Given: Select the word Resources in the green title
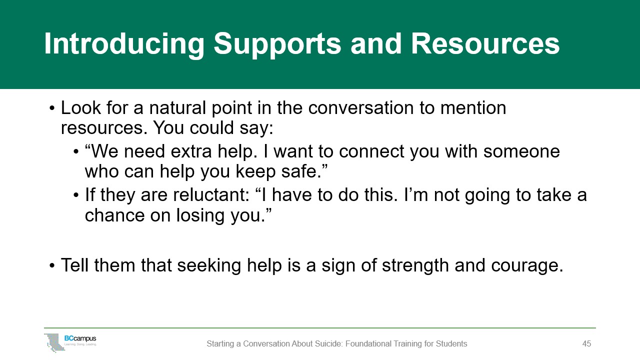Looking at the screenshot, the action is [485, 43].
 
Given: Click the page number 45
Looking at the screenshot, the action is [586, 343].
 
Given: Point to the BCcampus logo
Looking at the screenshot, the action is [70, 342].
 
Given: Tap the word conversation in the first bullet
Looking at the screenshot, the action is [360, 108].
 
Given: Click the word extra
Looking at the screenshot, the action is [191, 151].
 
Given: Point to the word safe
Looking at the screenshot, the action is [301, 171].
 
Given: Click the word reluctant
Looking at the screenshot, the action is [211, 195].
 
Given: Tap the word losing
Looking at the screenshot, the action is [200, 215].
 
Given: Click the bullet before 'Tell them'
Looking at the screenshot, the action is [51, 265].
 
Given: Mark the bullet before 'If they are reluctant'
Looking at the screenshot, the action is [75, 195].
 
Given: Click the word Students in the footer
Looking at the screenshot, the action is [451, 343].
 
